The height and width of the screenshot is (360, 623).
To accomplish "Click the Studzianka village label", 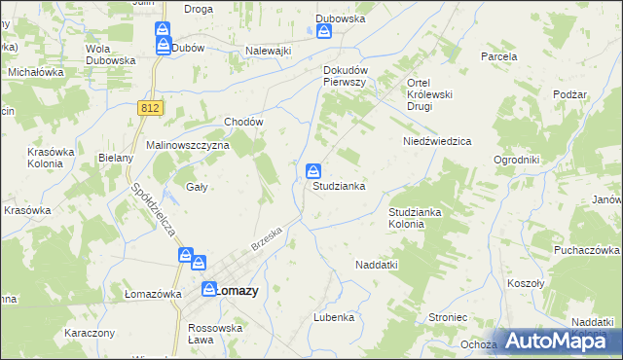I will tap(339, 186).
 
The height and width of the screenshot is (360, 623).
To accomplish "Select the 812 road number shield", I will tap(148, 108).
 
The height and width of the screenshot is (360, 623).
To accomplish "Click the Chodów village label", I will tap(244, 122).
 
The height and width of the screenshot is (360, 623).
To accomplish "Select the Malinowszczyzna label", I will tap(187, 145).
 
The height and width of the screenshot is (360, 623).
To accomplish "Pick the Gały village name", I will tap(197, 186).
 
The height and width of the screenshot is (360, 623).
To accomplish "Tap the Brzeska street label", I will tap(266, 239).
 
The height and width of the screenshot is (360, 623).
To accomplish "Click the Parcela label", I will tap(499, 56).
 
